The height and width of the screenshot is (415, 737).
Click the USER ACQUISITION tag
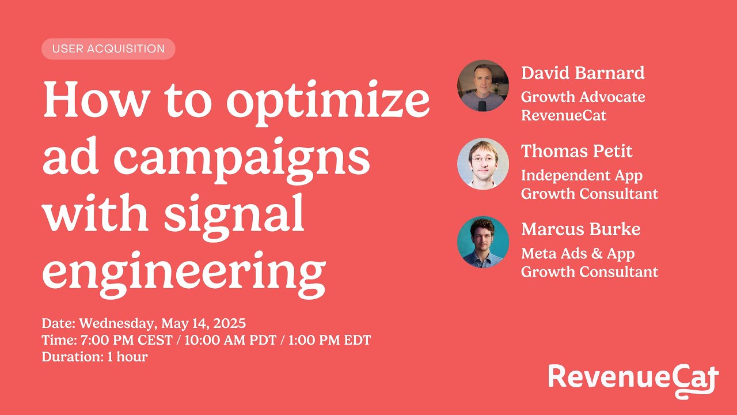108,49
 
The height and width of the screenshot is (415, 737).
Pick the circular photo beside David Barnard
483,85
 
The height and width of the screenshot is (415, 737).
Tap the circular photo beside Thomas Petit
483,164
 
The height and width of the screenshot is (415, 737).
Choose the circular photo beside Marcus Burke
483,242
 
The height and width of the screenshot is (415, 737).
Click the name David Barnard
582,73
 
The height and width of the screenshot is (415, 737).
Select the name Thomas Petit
576,152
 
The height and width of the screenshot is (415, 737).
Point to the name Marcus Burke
580,229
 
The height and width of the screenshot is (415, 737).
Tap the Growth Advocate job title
583,97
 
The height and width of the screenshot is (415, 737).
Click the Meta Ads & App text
578,254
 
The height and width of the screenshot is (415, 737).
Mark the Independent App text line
582,175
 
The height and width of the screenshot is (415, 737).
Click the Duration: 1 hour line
94,357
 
